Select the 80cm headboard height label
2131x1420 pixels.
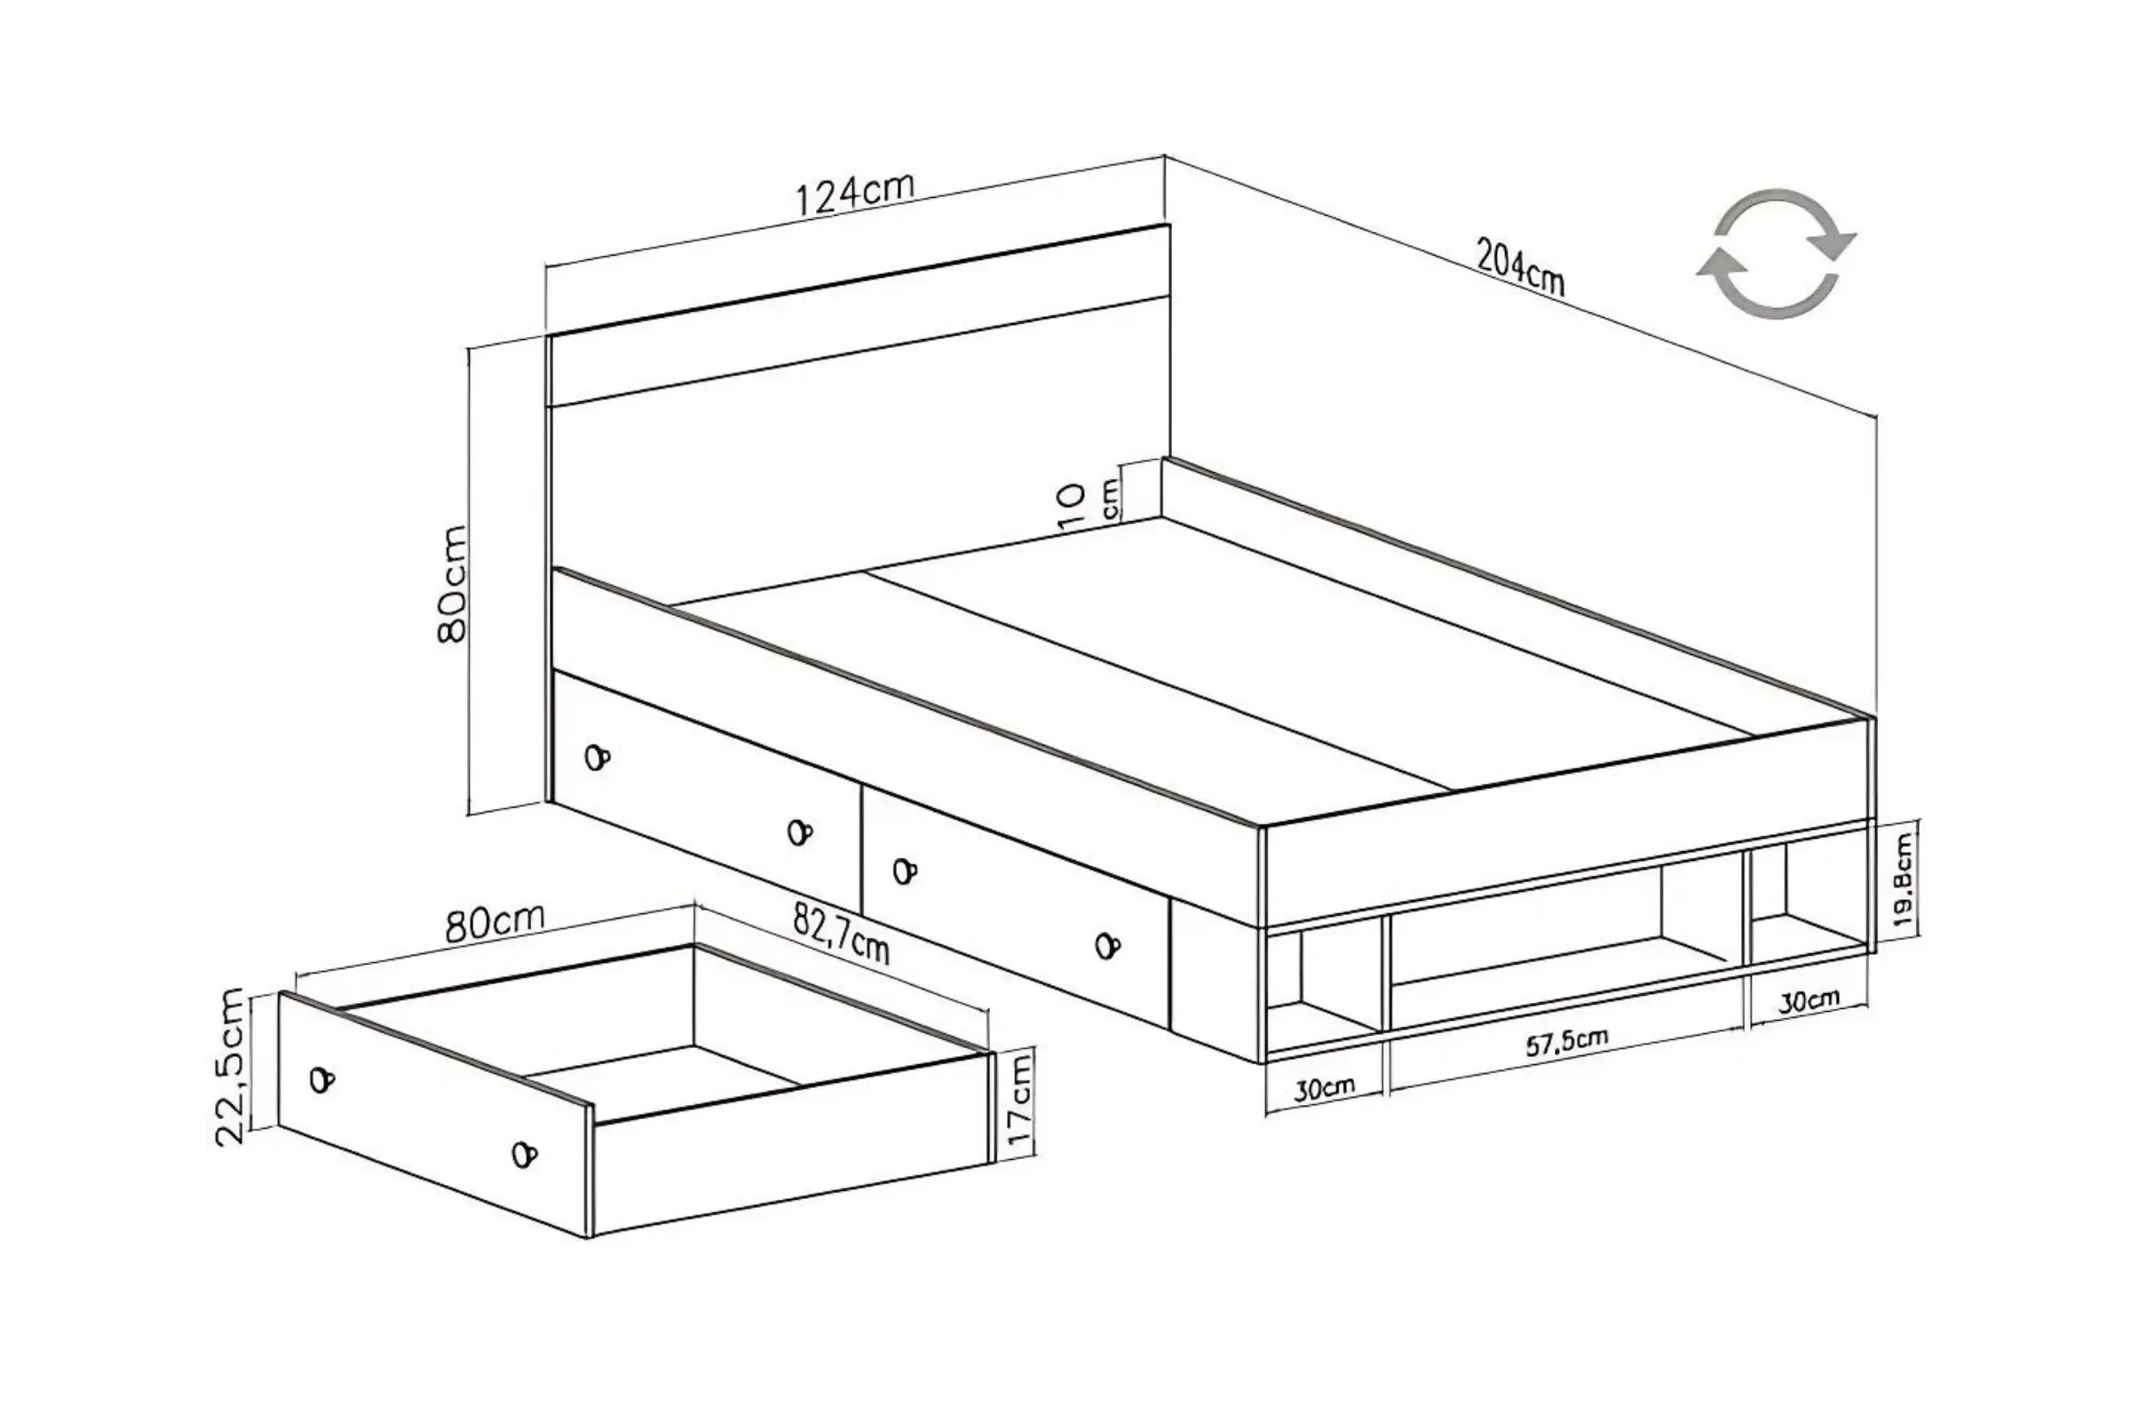(x=451, y=584)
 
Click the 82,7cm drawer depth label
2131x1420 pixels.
(x=842, y=934)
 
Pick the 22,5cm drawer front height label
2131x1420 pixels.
(x=230, y=1068)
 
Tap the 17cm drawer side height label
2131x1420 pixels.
(x=1018, y=1102)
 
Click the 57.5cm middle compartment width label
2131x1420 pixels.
(x=1566, y=1042)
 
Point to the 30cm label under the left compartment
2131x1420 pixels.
(x=1324, y=1089)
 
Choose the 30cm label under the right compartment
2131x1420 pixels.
(x=1809, y=1001)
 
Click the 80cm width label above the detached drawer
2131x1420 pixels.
(x=495, y=922)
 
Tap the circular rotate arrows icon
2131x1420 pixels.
(x=1776, y=254)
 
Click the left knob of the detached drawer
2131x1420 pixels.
(x=321, y=1079)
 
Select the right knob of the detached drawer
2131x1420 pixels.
(x=524, y=1155)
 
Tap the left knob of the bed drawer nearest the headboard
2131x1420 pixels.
(x=597, y=757)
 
